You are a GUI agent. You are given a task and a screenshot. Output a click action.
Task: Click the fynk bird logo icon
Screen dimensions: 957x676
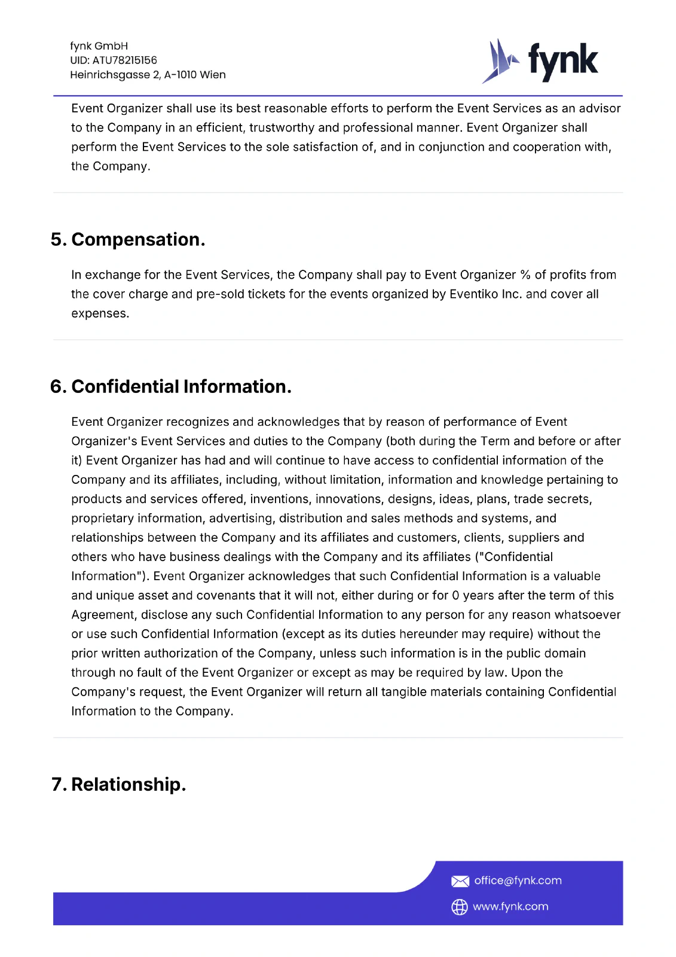(x=500, y=61)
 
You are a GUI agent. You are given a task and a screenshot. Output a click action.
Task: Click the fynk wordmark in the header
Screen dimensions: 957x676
(x=562, y=61)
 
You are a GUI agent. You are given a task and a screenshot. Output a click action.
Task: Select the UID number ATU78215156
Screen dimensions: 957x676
(x=124, y=60)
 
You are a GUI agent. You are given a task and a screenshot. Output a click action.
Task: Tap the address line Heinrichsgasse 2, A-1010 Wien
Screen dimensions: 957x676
(x=148, y=75)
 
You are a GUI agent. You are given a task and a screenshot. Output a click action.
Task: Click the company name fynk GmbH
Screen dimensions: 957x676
(x=99, y=46)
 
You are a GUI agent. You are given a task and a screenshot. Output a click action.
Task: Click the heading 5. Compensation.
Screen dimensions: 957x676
(x=128, y=239)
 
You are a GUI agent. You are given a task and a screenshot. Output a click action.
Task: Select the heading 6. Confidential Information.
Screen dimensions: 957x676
(x=171, y=386)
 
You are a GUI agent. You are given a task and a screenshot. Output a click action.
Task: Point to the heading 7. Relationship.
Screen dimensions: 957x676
(x=119, y=784)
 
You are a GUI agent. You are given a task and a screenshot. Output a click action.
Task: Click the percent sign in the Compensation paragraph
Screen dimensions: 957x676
(x=525, y=275)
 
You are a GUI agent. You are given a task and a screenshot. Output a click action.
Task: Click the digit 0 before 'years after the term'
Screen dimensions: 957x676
(x=455, y=595)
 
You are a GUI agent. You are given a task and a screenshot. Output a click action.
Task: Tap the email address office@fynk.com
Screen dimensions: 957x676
(x=518, y=880)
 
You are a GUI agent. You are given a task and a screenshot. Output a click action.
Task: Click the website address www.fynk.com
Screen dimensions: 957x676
(x=510, y=907)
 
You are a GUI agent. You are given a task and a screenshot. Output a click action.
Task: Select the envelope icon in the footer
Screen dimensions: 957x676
(x=460, y=881)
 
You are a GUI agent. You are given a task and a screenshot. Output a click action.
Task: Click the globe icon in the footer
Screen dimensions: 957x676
(x=459, y=907)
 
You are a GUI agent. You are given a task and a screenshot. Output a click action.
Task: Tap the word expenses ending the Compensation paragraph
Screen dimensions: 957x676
(x=99, y=313)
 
